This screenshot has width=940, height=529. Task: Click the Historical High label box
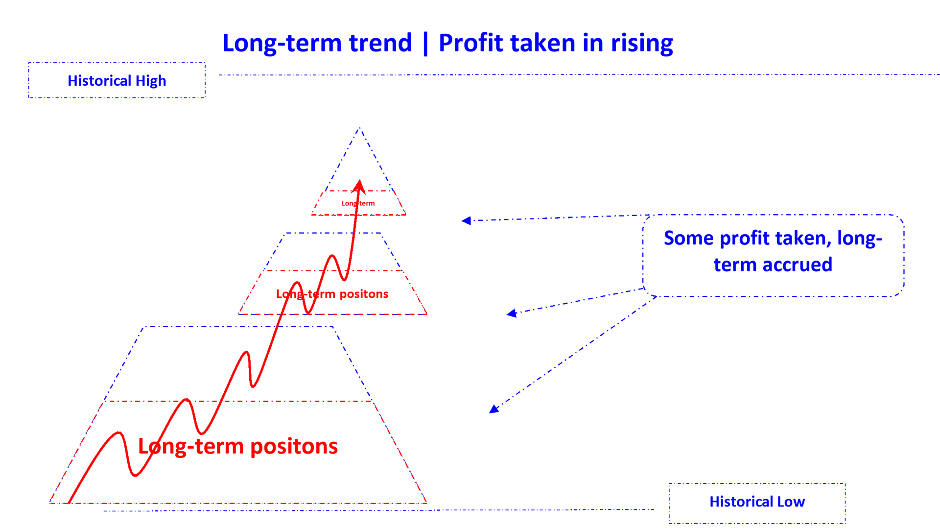[117, 80]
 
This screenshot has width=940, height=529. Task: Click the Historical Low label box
[757, 503]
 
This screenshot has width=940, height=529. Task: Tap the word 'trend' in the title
[380, 43]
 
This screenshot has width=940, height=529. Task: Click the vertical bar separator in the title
[425, 43]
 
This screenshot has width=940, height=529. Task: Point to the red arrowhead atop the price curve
[359, 185]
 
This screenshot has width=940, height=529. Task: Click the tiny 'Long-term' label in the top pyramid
[358, 203]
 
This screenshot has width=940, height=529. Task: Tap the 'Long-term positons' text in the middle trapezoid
[332, 294]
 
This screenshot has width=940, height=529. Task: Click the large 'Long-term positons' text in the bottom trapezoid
[238, 446]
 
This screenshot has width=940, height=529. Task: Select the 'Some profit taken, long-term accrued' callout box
[773, 255]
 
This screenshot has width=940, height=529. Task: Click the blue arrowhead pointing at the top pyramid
[466, 220]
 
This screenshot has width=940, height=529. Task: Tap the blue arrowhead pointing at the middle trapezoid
[512, 313]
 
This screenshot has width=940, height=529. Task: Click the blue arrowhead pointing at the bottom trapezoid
[493, 409]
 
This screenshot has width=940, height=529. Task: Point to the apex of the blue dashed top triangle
[359, 128]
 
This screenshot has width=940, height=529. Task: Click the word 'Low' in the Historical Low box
[791, 502]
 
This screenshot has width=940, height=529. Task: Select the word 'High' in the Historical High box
[150, 81]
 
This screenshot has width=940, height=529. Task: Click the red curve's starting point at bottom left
[69, 502]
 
